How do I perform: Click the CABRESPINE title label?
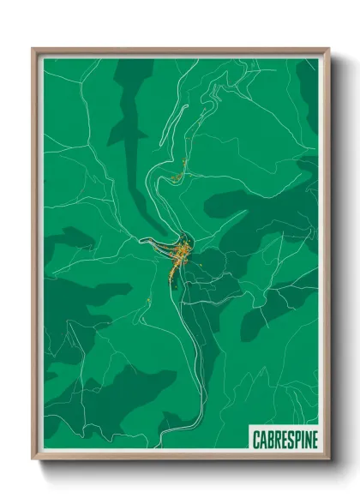[285, 439]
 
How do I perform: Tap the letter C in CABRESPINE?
[256, 440]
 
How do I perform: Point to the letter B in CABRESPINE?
[270, 440]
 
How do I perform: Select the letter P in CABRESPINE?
[296, 440]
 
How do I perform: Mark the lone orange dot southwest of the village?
[149, 299]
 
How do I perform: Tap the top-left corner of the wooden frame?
[34, 50]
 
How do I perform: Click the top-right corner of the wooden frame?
[327, 50]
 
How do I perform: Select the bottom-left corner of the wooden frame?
[34, 459]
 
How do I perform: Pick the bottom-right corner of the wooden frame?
[327, 459]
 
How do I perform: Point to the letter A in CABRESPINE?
[263, 440]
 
